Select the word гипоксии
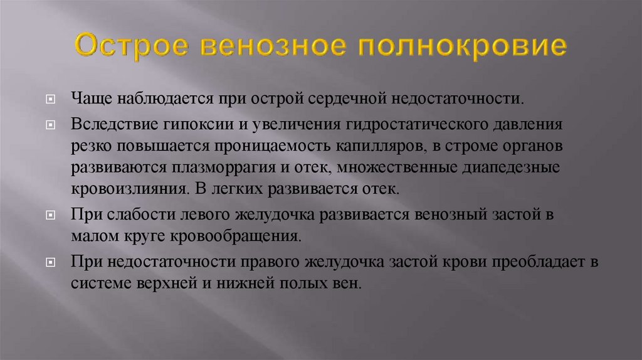coord(206,124)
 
